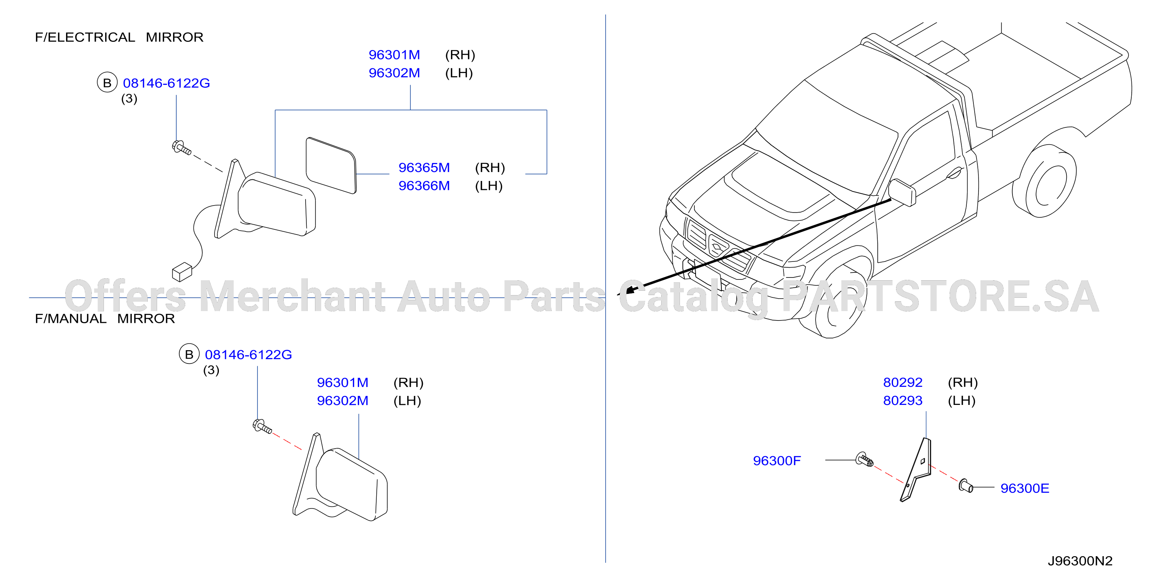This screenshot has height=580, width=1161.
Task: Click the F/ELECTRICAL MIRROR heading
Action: coord(119,37)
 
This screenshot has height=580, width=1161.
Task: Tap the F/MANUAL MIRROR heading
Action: coord(105,319)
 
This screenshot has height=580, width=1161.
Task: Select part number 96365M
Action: coord(424,168)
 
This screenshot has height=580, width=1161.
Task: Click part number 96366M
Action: coord(424,186)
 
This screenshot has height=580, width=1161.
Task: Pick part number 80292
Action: coord(903,383)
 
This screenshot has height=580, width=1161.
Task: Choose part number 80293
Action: coord(903,401)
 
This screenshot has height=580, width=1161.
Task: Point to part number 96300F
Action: coord(777,460)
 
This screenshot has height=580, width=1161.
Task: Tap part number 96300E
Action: coord(1025,488)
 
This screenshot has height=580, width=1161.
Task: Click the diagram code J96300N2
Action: coord(1080,561)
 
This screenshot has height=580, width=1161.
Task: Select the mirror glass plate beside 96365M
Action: coord(331,165)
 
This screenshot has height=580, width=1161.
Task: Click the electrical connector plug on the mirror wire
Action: coord(182,272)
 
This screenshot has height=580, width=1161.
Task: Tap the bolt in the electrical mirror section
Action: coord(182,147)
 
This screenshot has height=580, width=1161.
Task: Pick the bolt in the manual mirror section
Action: coord(262,426)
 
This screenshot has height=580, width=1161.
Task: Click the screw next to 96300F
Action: coord(864,459)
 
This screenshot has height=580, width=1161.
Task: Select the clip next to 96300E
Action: coord(965,486)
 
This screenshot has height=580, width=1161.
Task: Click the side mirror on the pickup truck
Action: coord(902,192)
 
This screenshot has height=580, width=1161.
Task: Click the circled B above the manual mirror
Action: coord(189,354)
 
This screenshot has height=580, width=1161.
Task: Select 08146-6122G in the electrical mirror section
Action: coord(166,83)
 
